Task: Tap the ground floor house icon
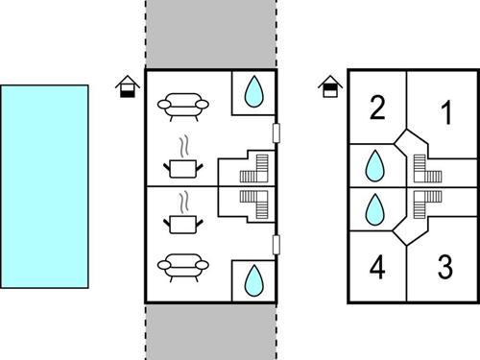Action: tap(124, 88)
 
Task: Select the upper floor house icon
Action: tap(328, 88)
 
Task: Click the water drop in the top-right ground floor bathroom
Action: tap(253, 91)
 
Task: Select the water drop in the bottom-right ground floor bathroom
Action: tap(253, 279)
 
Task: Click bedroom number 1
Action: tap(444, 113)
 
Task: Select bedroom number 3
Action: tap(444, 266)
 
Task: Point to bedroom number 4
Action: tap(376, 269)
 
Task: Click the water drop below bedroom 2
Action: tap(373, 168)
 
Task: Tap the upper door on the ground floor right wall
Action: tap(276, 132)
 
